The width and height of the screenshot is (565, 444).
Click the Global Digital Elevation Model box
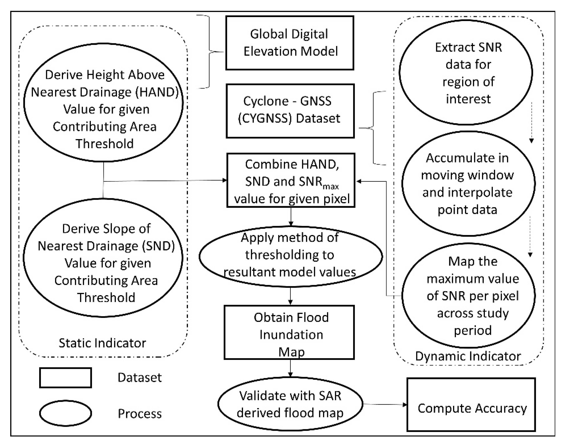(290, 43)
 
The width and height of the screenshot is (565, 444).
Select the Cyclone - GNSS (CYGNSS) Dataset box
(290, 111)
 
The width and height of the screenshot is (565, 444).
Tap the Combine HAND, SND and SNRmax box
(291, 180)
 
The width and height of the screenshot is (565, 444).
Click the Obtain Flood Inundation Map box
(289, 332)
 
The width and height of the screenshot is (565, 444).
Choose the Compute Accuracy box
(471, 408)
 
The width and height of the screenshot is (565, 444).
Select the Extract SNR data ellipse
(466, 72)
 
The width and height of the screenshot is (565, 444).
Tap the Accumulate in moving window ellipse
(468, 184)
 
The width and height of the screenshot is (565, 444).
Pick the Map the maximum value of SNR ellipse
(469, 296)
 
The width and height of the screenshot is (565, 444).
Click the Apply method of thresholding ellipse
(291, 256)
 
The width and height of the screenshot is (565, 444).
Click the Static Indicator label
(102, 343)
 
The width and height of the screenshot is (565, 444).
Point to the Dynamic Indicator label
(468, 356)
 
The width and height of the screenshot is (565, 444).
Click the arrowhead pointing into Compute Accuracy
(405, 405)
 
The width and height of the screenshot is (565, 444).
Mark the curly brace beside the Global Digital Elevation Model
(210, 52)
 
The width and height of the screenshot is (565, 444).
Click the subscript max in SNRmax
(331, 186)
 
